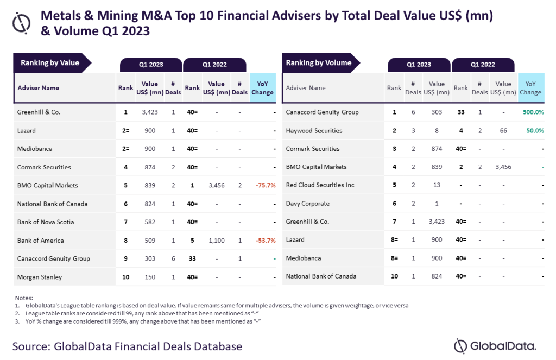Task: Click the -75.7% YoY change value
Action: click(266, 186)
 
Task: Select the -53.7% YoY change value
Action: click(266, 241)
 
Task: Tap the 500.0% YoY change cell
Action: click(533, 112)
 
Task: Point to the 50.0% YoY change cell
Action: click(535, 130)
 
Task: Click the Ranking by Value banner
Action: click(52, 63)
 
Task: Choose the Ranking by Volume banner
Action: click(320, 63)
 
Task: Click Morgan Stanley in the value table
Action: click(39, 277)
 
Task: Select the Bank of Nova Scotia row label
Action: click(46, 222)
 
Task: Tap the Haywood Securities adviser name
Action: click(314, 130)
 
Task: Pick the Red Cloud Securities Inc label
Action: click(320, 185)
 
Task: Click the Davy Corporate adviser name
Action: click(307, 204)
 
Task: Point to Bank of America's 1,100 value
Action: click(216, 241)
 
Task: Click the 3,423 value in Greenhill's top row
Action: click(150, 112)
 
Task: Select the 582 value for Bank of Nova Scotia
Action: click(150, 222)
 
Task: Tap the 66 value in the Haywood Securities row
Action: click(503, 130)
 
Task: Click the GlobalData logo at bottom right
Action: click(495, 346)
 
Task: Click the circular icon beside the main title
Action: click(21, 23)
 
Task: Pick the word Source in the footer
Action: click(30, 346)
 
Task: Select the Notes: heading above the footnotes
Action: click(24, 298)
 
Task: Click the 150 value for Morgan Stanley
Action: click(150, 277)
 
